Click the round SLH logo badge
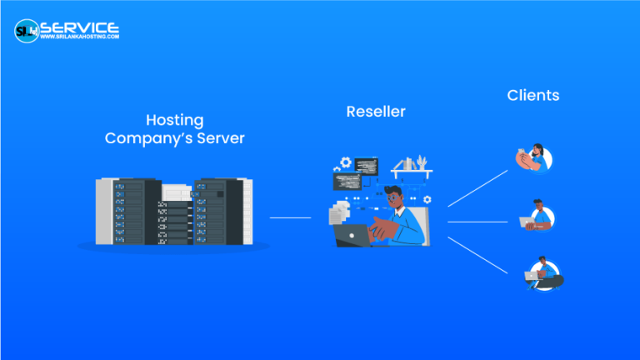click(27, 31)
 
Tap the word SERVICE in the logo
click(80, 27)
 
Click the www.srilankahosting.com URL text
click(80, 37)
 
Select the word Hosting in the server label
click(174, 120)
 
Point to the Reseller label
click(376, 111)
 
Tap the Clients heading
click(532, 95)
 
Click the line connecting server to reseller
click(290, 218)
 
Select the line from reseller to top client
click(477, 187)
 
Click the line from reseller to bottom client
click(477, 254)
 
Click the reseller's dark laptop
click(353, 236)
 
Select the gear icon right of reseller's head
click(427, 199)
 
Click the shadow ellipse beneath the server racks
click(173, 247)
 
